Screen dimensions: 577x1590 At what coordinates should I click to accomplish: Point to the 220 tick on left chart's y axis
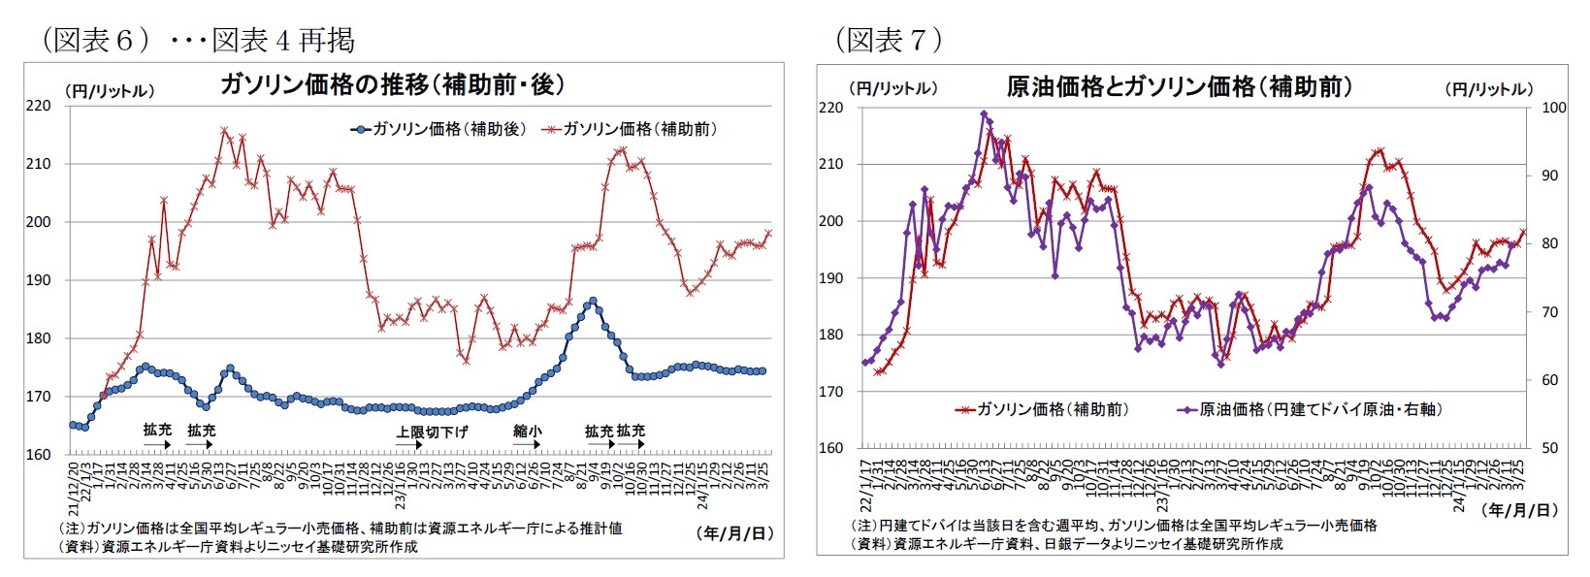(38, 106)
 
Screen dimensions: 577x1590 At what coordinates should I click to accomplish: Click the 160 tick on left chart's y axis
(38, 454)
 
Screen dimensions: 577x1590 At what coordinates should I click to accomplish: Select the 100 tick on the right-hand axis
(1553, 108)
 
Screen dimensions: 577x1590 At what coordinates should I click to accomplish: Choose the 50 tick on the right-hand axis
(1549, 448)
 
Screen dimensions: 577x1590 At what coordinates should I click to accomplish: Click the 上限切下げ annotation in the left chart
(431, 432)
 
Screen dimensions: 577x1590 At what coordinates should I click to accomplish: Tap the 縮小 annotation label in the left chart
(527, 431)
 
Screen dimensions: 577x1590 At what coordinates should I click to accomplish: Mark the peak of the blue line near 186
(593, 301)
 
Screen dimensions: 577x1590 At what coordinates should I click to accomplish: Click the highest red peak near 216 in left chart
(224, 130)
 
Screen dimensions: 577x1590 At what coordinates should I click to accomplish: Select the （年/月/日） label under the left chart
(734, 533)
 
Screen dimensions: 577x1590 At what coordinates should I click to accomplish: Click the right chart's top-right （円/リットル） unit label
(1489, 89)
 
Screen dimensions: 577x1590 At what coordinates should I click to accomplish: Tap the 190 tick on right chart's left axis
(831, 278)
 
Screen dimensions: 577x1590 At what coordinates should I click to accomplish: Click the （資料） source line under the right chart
(1066, 544)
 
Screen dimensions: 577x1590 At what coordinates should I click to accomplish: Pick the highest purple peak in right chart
(984, 113)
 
